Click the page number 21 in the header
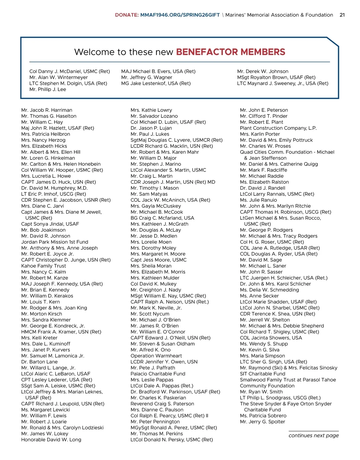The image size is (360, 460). tap(342, 15)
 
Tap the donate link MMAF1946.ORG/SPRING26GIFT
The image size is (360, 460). tap(180, 15)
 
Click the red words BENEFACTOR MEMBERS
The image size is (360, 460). tap(230, 52)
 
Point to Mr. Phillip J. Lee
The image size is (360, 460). tap(48, 89)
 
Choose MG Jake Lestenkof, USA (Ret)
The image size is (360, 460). tap(156, 83)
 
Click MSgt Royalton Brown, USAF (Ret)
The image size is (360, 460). tap(276, 77)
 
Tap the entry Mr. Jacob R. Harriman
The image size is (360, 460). tap(47, 110)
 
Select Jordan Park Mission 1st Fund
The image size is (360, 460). tap(55, 242)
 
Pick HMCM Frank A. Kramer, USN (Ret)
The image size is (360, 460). tap(61, 332)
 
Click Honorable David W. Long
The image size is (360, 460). tap(51, 440)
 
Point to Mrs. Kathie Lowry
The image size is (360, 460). tap(151, 110)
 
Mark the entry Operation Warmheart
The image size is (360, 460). tap(156, 356)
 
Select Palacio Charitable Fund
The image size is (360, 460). tap(158, 374)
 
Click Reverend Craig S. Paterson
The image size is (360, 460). tap(162, 404)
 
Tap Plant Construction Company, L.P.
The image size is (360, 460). tap(278, 128)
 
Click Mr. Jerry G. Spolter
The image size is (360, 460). tap(262, 422)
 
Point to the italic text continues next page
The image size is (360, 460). tap(313, 435)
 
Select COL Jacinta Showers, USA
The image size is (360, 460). tap(271, 338)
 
